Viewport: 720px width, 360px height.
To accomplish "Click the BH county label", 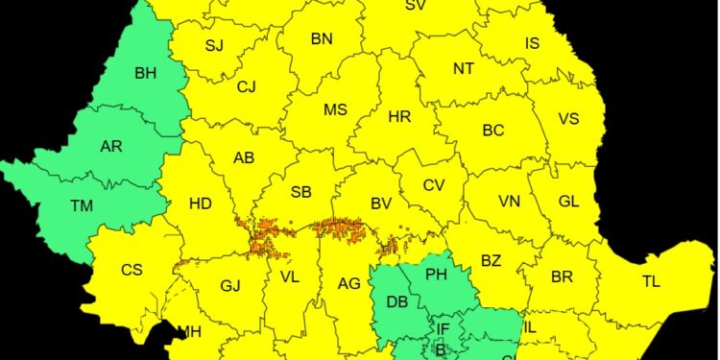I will pyautogui.click(x=146, y=72).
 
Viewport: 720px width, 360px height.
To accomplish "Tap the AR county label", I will pyautogui.click(x=111, y=147).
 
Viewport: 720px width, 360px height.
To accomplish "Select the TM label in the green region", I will pyautogui.click(x=82, y=204).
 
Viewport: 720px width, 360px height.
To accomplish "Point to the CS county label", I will pyautogui.click(x=132, y=270).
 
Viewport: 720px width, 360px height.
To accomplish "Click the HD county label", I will pyautogui.click(x=201, y=204).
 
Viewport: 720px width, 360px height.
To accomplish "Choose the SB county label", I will pyautogui.click(x=300, y=193).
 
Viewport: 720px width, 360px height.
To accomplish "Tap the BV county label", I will pyautogui.click(x=381, y=204).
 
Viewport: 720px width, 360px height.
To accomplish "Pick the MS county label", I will pyautogui.click(x=335, y=110).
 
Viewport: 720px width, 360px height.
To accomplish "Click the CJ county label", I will pyautogui.click(x=247, y=87).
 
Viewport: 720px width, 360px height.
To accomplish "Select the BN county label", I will pyautogui.click(x=322, y=39).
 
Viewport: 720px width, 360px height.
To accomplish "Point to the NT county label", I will pyautogui.click(x=464, y=68).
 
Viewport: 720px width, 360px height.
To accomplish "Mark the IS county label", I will pyautogui.click(x=532, y=43).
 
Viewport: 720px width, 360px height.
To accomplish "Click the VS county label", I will pyautogui.click(x=568, y=119).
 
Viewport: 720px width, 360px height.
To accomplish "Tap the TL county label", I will pyautogui.click(x=652, y=281).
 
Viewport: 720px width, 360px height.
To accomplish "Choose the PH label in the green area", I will pyautogui.click(x=437, y=276).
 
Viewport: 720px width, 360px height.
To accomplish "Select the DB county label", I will pyautogui.click(x=397, y=301).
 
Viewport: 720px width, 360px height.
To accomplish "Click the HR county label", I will pyautogui.click(x=399, y=117).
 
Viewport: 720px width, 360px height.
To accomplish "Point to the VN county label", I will pyautogui.click(x=509, y=202).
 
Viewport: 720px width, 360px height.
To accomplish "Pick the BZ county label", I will pyautogui.click(x=491, y=260).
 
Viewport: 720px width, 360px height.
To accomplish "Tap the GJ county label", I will pyautogui.click(x=230, y=285).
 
